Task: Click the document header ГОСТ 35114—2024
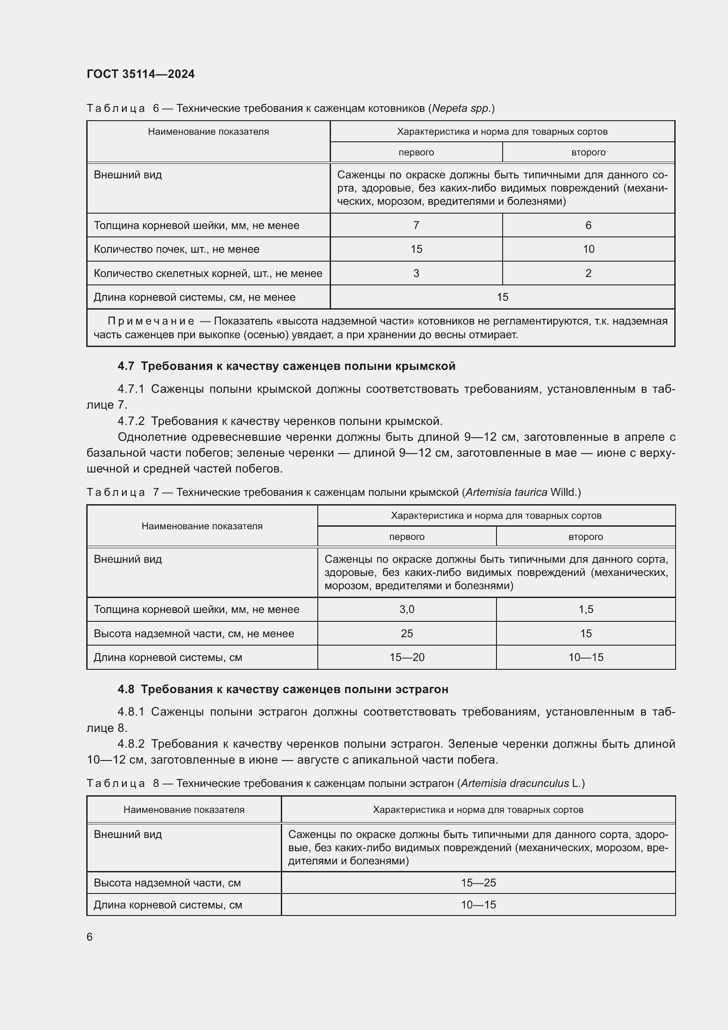coord(140,74)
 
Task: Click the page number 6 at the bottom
coord(90,937)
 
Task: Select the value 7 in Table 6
coord(416,225)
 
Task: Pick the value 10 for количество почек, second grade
coord(588,249)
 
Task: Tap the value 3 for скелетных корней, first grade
coord(416,273)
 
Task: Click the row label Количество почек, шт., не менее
coord(176,249)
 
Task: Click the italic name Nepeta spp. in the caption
coord(461,108)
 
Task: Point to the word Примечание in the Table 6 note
coord(151,321)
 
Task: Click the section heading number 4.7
coord(125,366)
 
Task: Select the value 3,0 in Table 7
coord(407,609)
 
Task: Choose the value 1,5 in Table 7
coord(585,609)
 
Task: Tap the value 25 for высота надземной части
coord(407,633)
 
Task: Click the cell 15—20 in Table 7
coord(407,657)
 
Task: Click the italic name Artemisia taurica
coord(506,492)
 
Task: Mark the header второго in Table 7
coord(585,536)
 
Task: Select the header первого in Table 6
coord(416,152)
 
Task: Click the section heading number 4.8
coord(125,689)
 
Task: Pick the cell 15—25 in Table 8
coord(478,883)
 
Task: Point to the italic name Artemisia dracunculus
coord(515,783)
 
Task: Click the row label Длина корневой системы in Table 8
coord(168,905)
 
